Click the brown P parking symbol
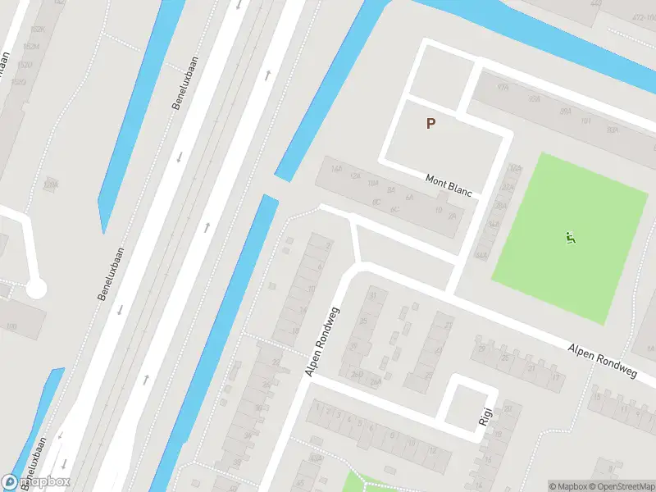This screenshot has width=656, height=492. [430, 124]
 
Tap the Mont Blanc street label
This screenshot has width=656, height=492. [449, 185]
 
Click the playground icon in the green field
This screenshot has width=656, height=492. [571, 239]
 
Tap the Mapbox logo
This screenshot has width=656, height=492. [36, 482]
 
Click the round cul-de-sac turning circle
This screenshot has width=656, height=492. [35, 289]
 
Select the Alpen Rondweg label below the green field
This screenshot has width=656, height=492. [603, 361]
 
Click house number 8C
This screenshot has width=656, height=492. [376, 202]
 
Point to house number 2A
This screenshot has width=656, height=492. [452, 216]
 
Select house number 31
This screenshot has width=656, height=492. [374, 295]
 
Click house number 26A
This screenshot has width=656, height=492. [376, 381]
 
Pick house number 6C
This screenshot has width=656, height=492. [394, 209]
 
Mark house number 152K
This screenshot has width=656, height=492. [37, 29]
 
